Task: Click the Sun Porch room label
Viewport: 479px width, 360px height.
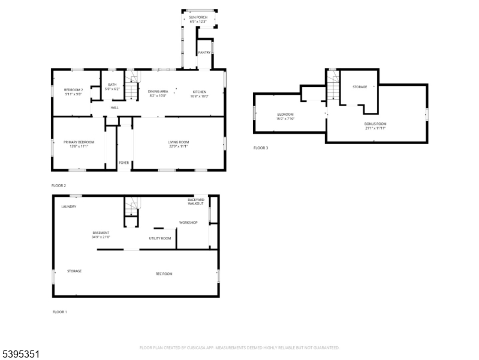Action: [198, 17]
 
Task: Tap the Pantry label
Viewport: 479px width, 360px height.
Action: [204, 53]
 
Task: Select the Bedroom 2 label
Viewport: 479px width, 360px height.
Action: [73, 89]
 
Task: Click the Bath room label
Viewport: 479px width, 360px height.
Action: [113, 85]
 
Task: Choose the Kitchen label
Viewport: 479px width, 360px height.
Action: [200, 91]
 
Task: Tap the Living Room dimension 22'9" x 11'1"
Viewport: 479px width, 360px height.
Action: [179, 146]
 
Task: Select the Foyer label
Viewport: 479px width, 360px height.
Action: [124, 163]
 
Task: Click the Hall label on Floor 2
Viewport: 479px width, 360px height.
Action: [115, 107]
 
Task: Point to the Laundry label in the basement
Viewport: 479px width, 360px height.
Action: [69, 206]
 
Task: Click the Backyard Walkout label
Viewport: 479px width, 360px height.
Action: [196, 201]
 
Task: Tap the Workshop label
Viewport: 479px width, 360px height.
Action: [188, 223]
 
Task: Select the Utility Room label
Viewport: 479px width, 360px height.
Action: [160, 238]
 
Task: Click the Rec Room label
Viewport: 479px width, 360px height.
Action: [164, 274]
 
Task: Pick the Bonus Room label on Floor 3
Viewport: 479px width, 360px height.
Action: [375, 124]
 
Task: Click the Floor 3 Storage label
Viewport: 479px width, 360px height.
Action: [360, 87]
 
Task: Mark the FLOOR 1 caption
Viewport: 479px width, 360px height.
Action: [60, 312]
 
